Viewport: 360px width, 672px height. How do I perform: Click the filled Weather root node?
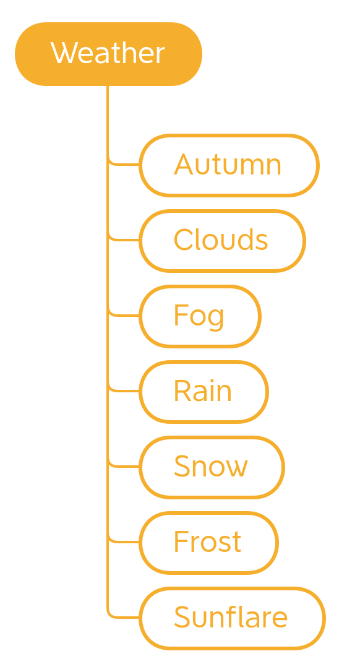[x=108, y=54]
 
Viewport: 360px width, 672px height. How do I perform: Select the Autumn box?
[x=229, y=165]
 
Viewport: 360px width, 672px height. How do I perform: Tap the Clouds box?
[x=223, y=241]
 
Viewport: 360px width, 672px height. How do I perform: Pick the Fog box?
[x=200, y=316]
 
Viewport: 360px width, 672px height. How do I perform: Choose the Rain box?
[x=204, y=392]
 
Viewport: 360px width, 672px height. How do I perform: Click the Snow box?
[x=212, y=467]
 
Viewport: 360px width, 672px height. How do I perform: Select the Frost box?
[x=209, y=543]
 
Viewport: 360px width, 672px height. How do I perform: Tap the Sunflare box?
[x=233, y=618]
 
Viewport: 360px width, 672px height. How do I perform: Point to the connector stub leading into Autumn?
[x=124, y=164]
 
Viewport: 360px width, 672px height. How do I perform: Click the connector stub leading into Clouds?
[x=124, y=239]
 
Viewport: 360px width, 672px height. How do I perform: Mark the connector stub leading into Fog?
[x=124, y=315]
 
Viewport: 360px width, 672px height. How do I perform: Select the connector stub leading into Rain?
[x=124, y=390]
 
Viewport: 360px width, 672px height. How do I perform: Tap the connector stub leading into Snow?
[x=124, y=466]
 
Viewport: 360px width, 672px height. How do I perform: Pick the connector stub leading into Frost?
[x=124, y=541]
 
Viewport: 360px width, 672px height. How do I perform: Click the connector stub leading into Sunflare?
[x=124, y=617]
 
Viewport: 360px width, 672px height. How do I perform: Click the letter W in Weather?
[x=64, y=52]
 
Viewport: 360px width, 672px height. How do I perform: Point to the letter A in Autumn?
[x=183, y=164]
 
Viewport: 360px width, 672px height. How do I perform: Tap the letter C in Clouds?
[x=184, y=239]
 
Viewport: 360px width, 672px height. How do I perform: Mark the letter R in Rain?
[x=182, y=390]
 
